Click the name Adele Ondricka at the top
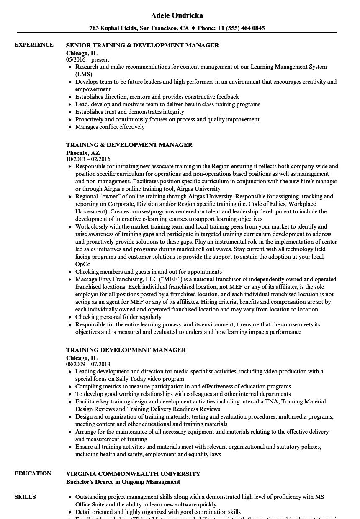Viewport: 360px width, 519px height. (x=177, y=15)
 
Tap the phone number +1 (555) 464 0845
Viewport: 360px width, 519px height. (x=241, y=28)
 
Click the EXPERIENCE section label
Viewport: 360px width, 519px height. (x=34, y=45)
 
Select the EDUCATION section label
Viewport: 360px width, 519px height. (x=33, y=473)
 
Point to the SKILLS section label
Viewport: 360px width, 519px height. (x=25, y=497)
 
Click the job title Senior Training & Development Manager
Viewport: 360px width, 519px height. (x=142, y=45)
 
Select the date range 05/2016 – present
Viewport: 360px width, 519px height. (x=87, y=59)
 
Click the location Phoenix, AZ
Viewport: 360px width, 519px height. (x=83, y=153)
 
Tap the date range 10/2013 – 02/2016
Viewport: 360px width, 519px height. (x=88, y=159)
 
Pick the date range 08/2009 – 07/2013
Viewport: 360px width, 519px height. (x=88, y=364)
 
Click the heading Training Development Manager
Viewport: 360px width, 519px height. (x=126, y=350)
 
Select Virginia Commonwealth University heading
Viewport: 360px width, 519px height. (x=133, y=474)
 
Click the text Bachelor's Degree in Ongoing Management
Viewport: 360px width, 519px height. (x=123, y=482)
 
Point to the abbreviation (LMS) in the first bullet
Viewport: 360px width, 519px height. (x=84, y=74)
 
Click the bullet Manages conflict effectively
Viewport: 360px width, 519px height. (x=110, y=127)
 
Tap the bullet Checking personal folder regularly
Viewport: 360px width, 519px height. (x=118, y=317)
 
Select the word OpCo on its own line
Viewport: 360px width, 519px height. (x=82, y=264)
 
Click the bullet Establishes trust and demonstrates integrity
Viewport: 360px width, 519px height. (x=129, y=112)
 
